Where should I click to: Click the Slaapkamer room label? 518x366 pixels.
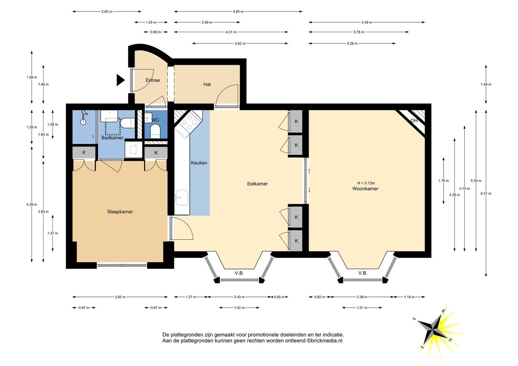pyautogui.click(x=120, y=212)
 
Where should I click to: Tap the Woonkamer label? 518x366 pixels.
pyautogui.click(x=365, y=189)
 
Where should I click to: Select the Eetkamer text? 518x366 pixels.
pyautogui.click(x=257, y=184)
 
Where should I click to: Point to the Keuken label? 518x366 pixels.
pyautogui.click(x=199, y=163)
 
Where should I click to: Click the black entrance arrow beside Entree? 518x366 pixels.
pyautogui.click(x=120, y=80)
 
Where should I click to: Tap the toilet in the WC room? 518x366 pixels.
pyautogui.click(x=155, y=131)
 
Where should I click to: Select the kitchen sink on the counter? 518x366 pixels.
pyautogui.click(x=181, y=198)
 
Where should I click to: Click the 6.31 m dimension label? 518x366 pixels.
pyautogui.click(x=486, y=194)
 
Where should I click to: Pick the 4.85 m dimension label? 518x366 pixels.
pyautogui.click(x=238, y=12)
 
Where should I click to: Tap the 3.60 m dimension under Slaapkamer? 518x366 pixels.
pyautogui.click(x=120, y=297)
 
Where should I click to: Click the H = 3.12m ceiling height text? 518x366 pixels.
pyautogui.click(x=366, y=183)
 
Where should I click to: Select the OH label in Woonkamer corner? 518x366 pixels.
pyautogui.click(x=414, y=121)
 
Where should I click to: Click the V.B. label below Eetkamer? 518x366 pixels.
pyautogui.click(x=239, y=273)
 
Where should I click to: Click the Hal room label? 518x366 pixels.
pyautogui.click(x=207, y=84)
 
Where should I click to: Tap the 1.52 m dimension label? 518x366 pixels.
pyautogui.click(x=239, y=308)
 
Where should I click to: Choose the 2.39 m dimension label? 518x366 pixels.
pyautogui.click(x=362, y=297)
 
